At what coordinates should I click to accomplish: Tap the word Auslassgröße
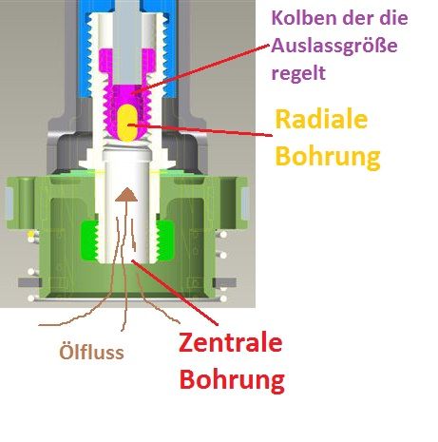pos(334,46)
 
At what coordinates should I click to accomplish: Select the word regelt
pos(298,73)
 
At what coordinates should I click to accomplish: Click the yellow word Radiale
pos(321,120)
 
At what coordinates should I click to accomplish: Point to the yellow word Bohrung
pos(328,156)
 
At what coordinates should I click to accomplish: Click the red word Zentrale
pos(231,342)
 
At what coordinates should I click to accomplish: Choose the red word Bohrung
pos(232,379)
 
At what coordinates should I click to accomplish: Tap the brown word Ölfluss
pos(91,352)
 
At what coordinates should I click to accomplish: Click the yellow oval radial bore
pos(127,123)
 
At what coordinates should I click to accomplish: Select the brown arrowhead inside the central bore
pos(126,195)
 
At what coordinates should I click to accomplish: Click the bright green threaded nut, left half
pos(89,240)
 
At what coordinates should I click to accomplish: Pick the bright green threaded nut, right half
pos(164,240)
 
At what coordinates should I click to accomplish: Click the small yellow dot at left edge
pos(30,234)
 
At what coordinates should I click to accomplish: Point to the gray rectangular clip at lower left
pos(29,282)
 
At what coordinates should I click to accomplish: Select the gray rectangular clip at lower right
pos(224,282)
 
